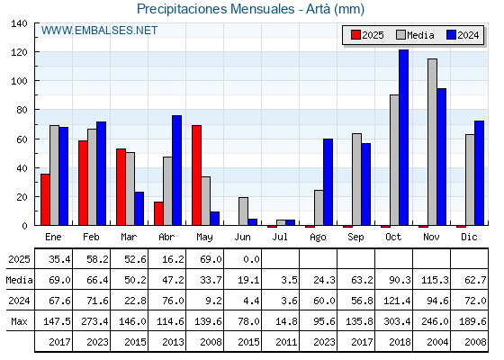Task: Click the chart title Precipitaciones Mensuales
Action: pyautogui.click(x=215, y=9)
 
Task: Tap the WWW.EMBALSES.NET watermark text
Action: pyautogui.click(x=99, y=31)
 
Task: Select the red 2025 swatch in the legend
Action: pyautogui.click(x=355, y=35)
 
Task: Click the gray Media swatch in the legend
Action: pyautogui.click(x=401, y=35)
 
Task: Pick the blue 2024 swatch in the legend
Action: pyautogui.click(x=451, y=35)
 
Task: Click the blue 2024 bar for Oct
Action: pyautogui.click(x=404, y=138)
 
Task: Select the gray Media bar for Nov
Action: pyautogui.click(x=432, y=142)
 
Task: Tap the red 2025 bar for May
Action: pyautogui.click(x=197, y=175)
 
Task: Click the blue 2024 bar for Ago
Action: pyautogui.click(x=328, y=182)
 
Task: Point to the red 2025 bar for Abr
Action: pyautogui.click(x=158, y=214)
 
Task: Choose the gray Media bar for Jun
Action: pyautogui.click(x=243, y=211)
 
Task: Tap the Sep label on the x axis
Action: pyautogui.click(x=355, y=238)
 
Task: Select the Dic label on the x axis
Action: pyautogui.click(x=469, y=238)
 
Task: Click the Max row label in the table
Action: pyautogui.click(x=19, y=321)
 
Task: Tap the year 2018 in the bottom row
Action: pyautogui.click(x=400, y=342)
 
